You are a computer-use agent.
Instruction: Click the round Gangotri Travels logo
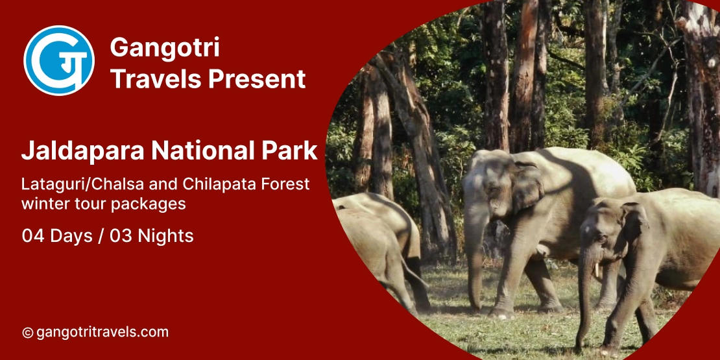tap(59, 60)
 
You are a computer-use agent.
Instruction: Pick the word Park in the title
tap(291, 151)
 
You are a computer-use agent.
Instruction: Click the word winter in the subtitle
tap(42, 204)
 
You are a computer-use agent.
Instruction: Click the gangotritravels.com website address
tap(102, 333)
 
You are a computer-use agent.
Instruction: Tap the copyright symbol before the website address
tap(27, 333)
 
